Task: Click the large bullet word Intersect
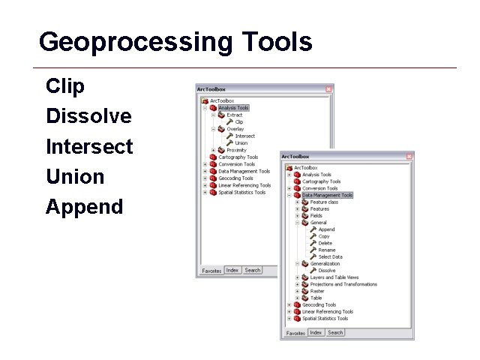coord(89,146)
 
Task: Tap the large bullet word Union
coord(75,176)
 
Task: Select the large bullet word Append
coord(84,206)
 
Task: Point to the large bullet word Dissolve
coord(88,116)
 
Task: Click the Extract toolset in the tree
coord(235,115)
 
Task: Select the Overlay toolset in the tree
coord(235,129)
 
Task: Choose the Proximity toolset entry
coord(236,150)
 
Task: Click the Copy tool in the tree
coord(324,236)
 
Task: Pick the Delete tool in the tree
coord(325,243)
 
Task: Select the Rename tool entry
coord(326,250)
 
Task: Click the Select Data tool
coord(330,256)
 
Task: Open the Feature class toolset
coord(324,202)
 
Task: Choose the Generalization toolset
coord(325,264)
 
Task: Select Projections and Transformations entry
coord(343,284)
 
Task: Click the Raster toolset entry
coord(318,291)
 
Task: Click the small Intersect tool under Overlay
coord(244,136)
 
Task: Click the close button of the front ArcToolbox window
coord(411,157)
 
